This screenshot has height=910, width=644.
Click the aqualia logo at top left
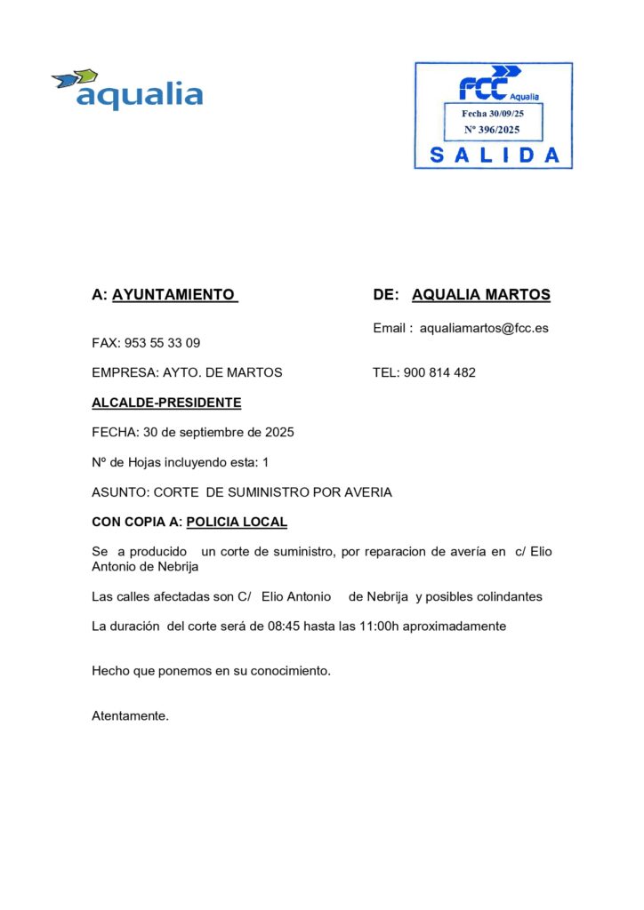tap(127, 90)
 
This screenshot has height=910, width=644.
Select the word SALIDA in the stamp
tap(495, 155)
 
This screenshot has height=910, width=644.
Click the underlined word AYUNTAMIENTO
tap(174, 295)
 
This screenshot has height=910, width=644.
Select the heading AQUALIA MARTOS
tap(481, 295)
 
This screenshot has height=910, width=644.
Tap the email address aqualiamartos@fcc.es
tap(484, 328)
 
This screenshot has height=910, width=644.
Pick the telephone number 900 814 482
tap(439, 372)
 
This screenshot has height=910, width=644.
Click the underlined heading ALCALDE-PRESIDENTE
tap(166, 403)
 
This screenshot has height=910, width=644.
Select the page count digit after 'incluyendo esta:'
tap(265, 462)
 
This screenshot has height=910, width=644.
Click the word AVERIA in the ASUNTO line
tap(365, 492)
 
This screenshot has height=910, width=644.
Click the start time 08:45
tap(284, 626)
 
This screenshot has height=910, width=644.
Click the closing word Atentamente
tap(130, 715)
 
